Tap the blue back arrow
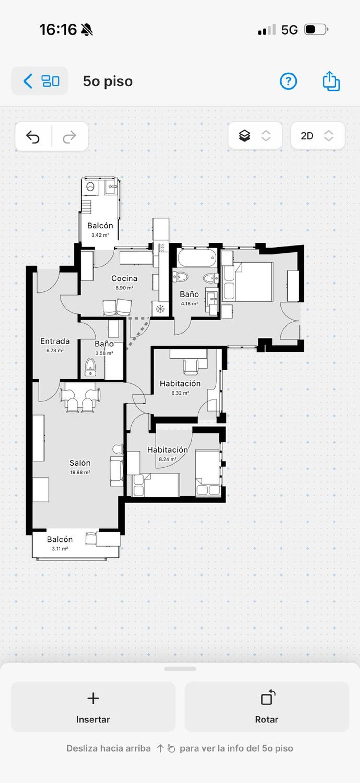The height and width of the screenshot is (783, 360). [28, 81]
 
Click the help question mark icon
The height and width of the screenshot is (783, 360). [288, 81]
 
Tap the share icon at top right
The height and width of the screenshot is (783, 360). [331, 81]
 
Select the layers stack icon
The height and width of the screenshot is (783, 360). [245, 136]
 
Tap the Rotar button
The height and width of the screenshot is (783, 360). [267, 707]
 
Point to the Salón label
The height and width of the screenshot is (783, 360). [80, 463]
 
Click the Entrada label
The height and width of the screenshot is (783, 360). [55, 341]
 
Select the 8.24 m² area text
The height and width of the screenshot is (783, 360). [167, 459]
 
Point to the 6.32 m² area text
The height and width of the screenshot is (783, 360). [180, 393]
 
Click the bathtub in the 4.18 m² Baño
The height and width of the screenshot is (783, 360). [197, 258]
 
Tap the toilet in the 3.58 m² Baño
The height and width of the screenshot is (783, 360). [90, 367]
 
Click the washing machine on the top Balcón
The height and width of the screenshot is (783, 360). [90, 186]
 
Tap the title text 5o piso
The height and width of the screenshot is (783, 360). [108, 81]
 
